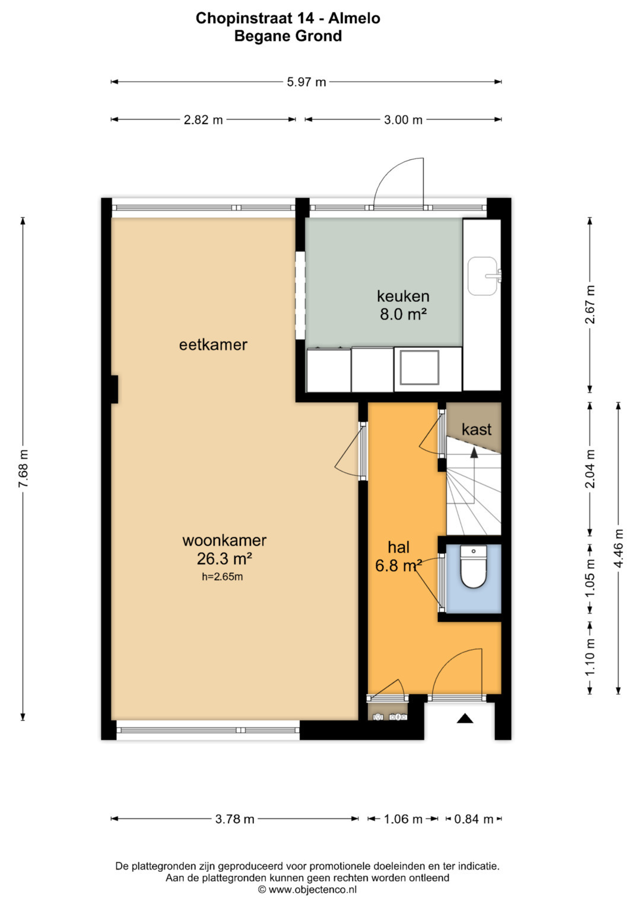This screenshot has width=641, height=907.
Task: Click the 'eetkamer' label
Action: coord(213,345)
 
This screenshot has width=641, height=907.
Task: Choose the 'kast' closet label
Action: coord(477,429)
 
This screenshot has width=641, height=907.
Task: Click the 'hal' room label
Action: coord(399,547)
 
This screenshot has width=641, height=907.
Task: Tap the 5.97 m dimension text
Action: coord(306,82)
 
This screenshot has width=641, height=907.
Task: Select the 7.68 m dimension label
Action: coord(24,469)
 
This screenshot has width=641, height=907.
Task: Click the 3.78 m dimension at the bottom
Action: coord(234,819)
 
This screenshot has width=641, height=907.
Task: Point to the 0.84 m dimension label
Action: coord(474,819)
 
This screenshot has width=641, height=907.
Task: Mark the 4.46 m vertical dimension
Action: coord(618,548)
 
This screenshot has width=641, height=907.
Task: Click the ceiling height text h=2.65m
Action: coord(222,577)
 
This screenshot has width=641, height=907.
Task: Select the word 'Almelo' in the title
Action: coord(354,18)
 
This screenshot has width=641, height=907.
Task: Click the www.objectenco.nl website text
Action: coord(312,890)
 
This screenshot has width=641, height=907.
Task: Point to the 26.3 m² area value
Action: coord(224,559)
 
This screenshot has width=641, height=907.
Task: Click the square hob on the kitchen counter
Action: coord(419,368)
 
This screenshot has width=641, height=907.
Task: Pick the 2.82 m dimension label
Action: coord(203,120)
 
